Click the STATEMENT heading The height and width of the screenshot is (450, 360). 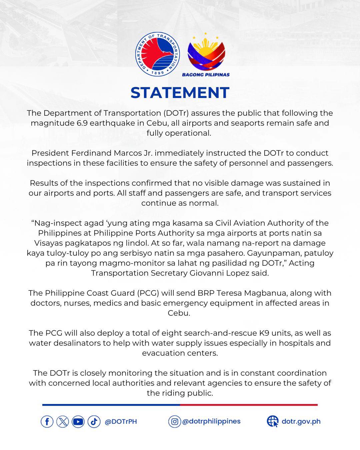tap(180, 93)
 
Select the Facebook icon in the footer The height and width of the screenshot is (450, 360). tap(47, 422)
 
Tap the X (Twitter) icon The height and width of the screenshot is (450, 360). tap(63, 422)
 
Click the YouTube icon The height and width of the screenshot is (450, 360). tap(78, 422)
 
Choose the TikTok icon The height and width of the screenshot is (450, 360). tap(94, 422)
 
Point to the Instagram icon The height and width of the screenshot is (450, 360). tap(174, 422)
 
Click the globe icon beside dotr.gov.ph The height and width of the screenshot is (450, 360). tap(273, 422)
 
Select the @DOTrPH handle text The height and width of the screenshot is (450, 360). tap(121, 422)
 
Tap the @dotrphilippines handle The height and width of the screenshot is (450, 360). tap(211, 421)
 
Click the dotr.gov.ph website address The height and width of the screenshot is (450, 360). tap(301, 421)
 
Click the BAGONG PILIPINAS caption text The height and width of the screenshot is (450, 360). tap(206, 75)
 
